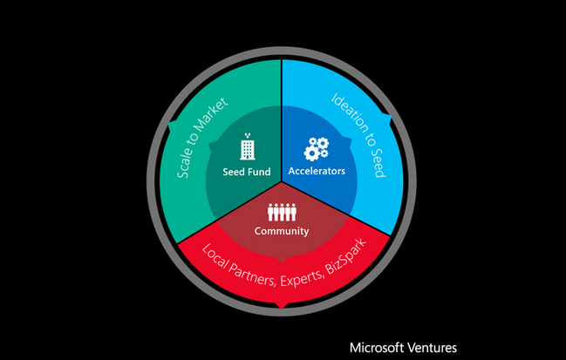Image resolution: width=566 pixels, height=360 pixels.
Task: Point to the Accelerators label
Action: [x=317, y=171]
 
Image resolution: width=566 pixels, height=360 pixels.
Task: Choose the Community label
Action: [x=282, y=231]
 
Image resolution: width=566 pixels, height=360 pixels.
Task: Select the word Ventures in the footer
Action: [x=432, y=346]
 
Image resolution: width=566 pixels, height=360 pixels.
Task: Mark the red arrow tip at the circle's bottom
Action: [x=282, y=305]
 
